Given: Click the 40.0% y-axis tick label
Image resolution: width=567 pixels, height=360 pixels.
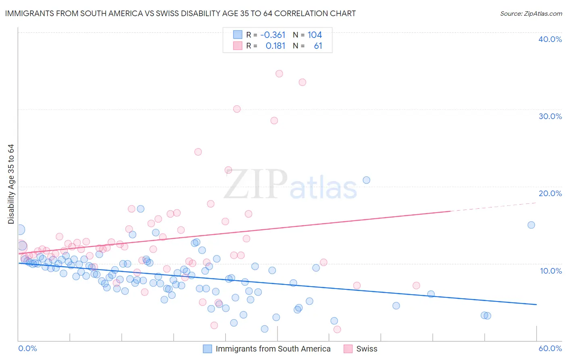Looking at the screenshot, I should coord(550,39).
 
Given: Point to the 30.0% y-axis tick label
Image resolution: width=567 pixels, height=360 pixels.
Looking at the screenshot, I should coord(550,116).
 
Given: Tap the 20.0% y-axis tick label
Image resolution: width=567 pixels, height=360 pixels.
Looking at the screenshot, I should coord(550,193).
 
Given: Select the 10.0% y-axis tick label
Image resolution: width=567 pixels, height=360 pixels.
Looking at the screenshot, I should coord(550,271).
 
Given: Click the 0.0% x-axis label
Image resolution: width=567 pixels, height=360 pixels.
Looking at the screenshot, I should coord(28,348).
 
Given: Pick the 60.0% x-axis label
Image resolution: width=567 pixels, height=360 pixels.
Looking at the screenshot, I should coord(550,348).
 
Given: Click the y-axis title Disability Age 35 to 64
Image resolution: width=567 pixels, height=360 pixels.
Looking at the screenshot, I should coord(11,184).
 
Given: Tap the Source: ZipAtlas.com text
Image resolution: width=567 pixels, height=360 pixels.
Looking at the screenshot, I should coord(531,13).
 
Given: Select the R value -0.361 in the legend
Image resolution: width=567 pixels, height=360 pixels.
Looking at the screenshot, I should coord(273,35).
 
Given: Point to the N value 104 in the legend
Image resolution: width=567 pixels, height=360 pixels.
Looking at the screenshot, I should coord(315,35).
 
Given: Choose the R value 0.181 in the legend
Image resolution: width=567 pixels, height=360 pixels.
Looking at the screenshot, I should coord(275,46).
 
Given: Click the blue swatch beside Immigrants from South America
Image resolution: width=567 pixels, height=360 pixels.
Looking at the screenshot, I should coord(207,349).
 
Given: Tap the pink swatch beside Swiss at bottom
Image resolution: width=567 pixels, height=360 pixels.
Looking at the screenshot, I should coord(348,349).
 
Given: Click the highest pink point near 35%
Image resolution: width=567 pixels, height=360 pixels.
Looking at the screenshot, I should coord(279,73).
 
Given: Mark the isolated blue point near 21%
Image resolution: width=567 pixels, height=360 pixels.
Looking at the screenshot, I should coord(366,180).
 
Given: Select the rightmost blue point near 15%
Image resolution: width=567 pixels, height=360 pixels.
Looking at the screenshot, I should coord(531,225).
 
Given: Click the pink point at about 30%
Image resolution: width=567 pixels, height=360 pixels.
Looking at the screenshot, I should coord(237,109).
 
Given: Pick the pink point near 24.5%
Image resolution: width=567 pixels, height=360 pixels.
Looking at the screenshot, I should coord(198,152).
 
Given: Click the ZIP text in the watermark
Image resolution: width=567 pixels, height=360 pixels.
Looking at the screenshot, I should coord(256,185).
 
